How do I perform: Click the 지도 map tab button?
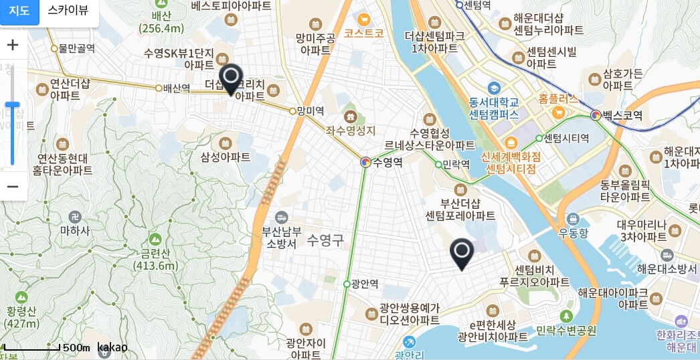19,11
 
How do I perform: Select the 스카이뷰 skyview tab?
68,11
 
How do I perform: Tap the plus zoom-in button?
13,46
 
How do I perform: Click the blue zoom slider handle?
12,104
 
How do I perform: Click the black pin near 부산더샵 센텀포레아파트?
462,254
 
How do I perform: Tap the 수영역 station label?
387,162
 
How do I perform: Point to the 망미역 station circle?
292,111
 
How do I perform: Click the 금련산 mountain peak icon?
155,239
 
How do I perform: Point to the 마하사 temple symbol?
74,217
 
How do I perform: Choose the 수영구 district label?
325,240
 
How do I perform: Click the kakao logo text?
112,347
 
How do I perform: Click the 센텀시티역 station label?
566,139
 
